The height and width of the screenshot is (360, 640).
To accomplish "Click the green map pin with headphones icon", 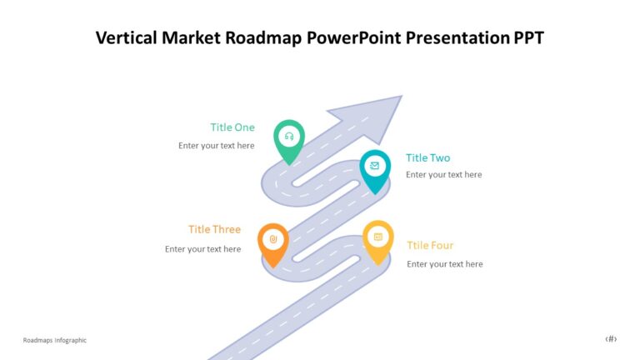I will click(x=289, y=137).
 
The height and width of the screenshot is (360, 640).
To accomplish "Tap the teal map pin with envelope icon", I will click(x=375, y=167).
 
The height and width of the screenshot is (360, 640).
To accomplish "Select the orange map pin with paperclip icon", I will click(x=272, y=241).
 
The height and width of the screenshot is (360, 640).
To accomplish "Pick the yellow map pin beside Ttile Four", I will click(x=377, y=238).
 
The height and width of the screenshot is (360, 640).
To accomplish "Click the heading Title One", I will click(x=232, y=127).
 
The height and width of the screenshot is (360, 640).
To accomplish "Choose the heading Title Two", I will click(x=427, y=157).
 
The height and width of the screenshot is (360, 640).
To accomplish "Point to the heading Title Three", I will click(x=214, y=229).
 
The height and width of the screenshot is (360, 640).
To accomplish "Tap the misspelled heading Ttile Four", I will click(x=430, y=246).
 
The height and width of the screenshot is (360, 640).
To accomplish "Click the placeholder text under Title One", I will click(x=217, y=146).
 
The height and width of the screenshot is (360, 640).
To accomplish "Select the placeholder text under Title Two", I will click(x=443, y=175).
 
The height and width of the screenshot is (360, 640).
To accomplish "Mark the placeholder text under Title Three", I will click(x=202, y=249).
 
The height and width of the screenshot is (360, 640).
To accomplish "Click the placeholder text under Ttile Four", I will click(x=444, y=264).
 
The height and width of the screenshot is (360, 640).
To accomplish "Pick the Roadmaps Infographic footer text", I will click(x=55, y=340).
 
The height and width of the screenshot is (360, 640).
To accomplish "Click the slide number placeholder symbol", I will click(x=611, y=339).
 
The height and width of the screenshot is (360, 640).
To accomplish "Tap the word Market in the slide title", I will click(x=192, y=38).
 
